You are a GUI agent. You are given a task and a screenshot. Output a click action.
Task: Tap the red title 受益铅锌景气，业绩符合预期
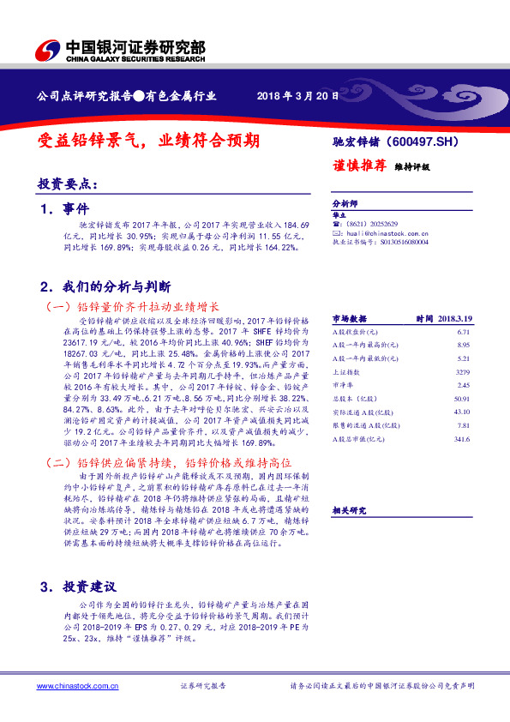pyautogui.click(x=150, y=140)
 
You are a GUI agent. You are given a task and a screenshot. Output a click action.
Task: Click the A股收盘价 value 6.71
pyautogui.click(x=465, y=331)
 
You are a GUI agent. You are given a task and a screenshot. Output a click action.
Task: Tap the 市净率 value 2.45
pyautogui.click(x=465, y=386)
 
